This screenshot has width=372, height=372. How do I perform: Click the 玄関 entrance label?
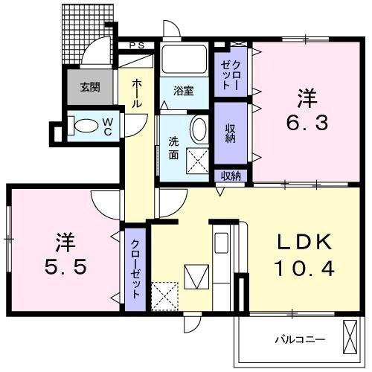tap(90, 87)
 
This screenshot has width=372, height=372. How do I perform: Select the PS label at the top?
tap(138, 45)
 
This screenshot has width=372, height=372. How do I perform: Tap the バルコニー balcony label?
tap(300, 339)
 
